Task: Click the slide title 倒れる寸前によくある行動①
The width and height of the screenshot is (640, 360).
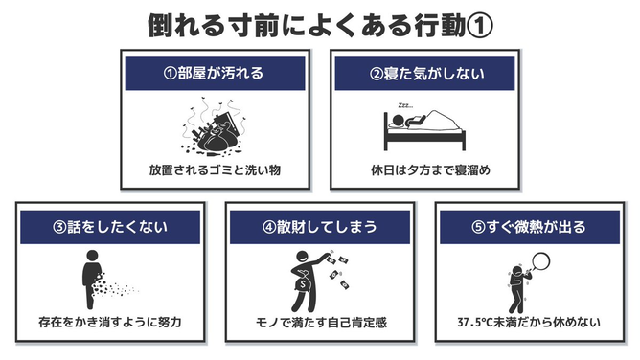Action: pyautogui.click(x=320, y=25)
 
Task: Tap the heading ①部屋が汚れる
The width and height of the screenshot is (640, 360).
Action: pyautogui.click(x=214, y=74)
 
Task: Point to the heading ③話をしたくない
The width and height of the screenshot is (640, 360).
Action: pyautogui.click(x=110, y=227)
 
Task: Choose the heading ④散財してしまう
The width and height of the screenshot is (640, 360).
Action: pyautogui.click(x=320, y=227)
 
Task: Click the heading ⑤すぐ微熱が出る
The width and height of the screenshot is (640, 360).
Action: pyautogui.click(x=529, y=227)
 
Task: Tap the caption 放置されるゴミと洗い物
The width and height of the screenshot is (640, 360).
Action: pyautogui.click(x=216, y=170)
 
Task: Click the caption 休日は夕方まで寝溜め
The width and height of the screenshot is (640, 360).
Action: pyautogui.click(x=430, y=170)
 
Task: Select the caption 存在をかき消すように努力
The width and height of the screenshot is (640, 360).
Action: pyautogui.click(x=110, y=323)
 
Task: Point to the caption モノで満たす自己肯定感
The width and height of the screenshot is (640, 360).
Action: pyautogui.click(x=321, y=323)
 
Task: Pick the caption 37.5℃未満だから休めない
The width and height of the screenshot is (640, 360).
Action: pyautogui.click(x=529, y=323)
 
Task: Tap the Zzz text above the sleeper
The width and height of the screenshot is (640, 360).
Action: pyautogui.click(x=405, y=105)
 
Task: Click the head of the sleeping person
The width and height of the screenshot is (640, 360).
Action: pyautogui.click(x=398, y=121)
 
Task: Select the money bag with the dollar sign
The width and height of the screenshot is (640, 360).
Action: pyautogui.click(x=304, y=282)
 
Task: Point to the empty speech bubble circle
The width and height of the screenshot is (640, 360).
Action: pyautogui.click(x=540, y=261)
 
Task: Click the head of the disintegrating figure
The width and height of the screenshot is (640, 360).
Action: pyautogui.click(x=93, y=256)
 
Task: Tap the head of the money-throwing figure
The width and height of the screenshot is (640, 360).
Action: pyautogui.click(x=303, y=258)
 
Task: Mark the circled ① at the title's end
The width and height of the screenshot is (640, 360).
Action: pyautogui.click(x=480, y=26)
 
